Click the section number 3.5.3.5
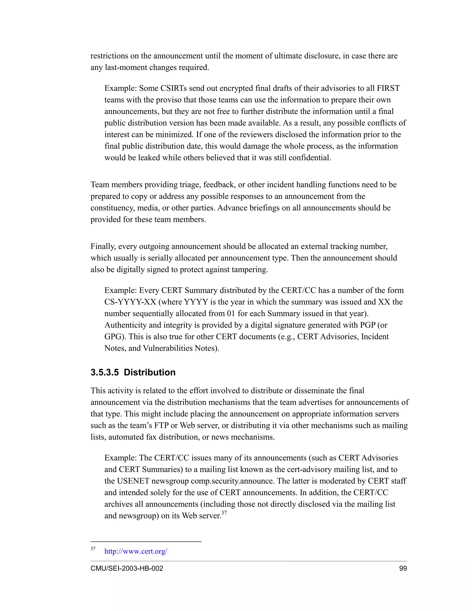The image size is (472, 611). (x=105, y=372)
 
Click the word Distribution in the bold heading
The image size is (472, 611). (x=150, y=372)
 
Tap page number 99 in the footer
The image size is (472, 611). (x=403, y=568)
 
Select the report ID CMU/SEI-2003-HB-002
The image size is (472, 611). (x=127, y=568)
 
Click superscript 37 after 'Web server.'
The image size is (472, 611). (x=224, y=513)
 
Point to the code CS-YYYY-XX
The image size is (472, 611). (x=130, y=302)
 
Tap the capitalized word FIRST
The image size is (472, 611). (x=388, y=88)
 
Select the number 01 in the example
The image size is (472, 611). (x=231, y=314)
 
